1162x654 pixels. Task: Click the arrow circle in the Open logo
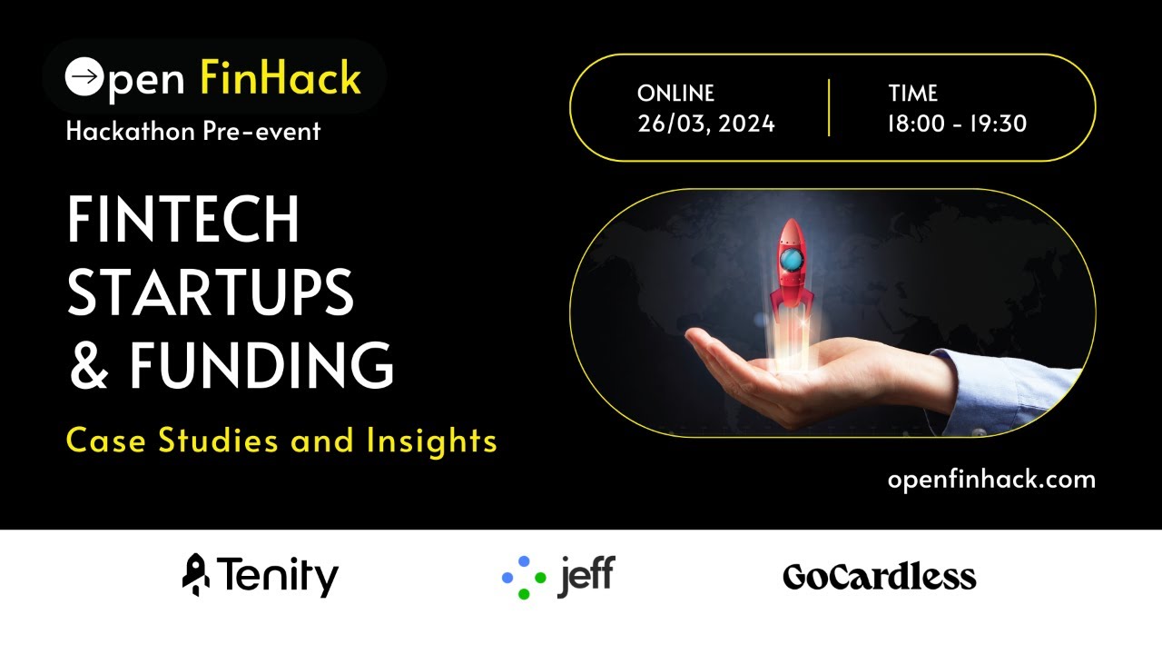(84, 76)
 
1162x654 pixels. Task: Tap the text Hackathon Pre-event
(193, 132)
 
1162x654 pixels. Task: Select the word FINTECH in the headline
(183, 221)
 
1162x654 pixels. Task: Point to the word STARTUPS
(211, 292)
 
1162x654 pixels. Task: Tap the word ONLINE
(675, 94)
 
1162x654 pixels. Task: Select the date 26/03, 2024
(706, 124)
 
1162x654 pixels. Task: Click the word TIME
(913, 94)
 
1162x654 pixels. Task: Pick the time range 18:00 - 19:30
(957, 124)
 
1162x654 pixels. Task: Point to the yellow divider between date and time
(829, 108)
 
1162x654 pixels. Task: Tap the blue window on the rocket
(791, 262)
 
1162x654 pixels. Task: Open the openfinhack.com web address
(991, 480)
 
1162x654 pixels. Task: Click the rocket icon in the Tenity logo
(195, 575)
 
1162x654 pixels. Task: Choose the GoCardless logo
(879, 577)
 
